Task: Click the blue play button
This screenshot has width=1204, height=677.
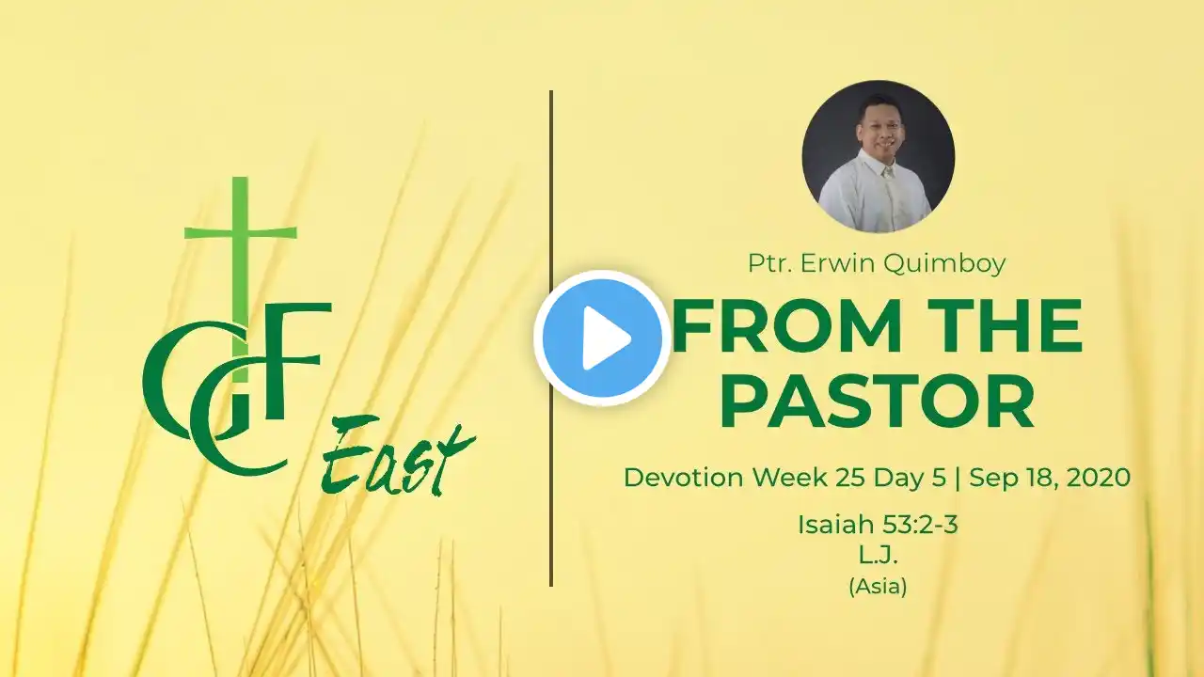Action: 602,338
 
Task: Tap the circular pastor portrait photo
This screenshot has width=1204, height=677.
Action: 879,156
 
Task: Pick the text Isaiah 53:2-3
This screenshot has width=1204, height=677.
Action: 878,525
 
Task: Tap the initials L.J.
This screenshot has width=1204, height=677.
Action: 878,556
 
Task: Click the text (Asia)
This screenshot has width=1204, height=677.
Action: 879,586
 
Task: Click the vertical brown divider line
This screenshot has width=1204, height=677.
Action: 551,338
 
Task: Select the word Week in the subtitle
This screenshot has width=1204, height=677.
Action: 789,477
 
